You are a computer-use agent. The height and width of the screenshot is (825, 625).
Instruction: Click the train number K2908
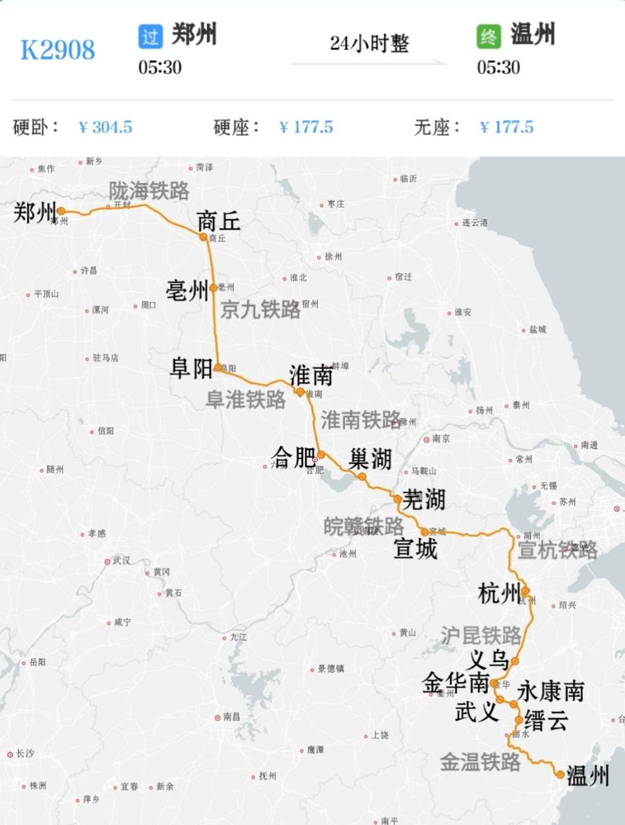(58, 50)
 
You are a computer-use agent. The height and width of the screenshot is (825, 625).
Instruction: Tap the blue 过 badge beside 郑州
(150, 36)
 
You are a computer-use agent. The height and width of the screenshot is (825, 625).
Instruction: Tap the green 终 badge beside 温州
(489, 36)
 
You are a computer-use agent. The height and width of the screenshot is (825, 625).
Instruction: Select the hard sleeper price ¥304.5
(105, 127)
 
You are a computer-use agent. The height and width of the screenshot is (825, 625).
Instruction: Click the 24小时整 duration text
(369, 43)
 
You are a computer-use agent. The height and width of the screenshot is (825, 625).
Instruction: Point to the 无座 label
(437, 127)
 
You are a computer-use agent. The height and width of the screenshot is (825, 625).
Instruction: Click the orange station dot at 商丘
(204, 237)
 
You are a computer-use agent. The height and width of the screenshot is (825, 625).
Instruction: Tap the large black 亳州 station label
(187, 291)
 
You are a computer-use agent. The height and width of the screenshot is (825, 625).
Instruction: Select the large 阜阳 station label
(191, 368)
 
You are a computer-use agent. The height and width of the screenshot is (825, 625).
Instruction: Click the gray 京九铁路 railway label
(260, 310)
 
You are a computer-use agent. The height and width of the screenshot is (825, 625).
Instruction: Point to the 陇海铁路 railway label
(149, 191)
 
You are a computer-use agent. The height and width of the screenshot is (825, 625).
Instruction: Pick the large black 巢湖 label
(371, 459)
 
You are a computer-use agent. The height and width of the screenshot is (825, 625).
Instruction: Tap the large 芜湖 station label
(424, 500)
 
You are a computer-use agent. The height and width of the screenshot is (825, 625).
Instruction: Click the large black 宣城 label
(415, 548)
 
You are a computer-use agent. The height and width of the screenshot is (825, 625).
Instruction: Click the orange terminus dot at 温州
(560, 774)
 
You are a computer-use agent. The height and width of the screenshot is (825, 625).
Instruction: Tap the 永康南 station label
(551, 691)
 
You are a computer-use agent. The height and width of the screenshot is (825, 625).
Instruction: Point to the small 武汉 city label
(121, 561)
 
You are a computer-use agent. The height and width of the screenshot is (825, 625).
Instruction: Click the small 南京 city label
(441, 439)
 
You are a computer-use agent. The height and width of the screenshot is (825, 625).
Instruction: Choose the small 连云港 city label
(475, 223)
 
